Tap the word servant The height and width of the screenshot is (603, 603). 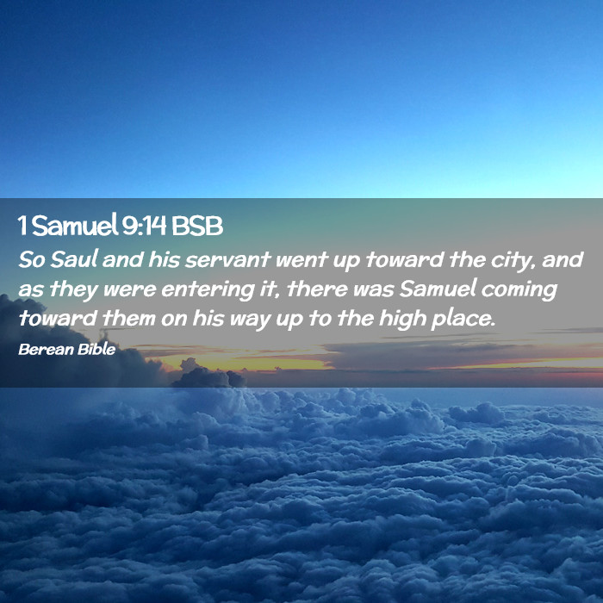tap(227, 259)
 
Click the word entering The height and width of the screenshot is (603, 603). tap(208, 289)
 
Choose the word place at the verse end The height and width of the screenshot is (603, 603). tap(463, 320)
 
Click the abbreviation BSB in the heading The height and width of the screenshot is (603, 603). tap(197, 226)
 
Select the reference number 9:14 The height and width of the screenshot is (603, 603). tap(144, 226)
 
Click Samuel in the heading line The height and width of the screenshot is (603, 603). tap(75, 226)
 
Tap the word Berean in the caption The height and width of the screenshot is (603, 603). tap(46, 349)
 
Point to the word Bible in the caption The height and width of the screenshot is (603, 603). tap(96, 349)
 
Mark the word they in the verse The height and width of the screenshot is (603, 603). tap(73, 289)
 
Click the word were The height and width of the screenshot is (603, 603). tap(129, 290)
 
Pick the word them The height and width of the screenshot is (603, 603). tap(129, 319)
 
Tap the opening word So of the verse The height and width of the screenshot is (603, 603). tap(32, 259)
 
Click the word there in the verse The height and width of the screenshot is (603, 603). tap(317, 289)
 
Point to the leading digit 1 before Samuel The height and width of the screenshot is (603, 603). tap(22, 226)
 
